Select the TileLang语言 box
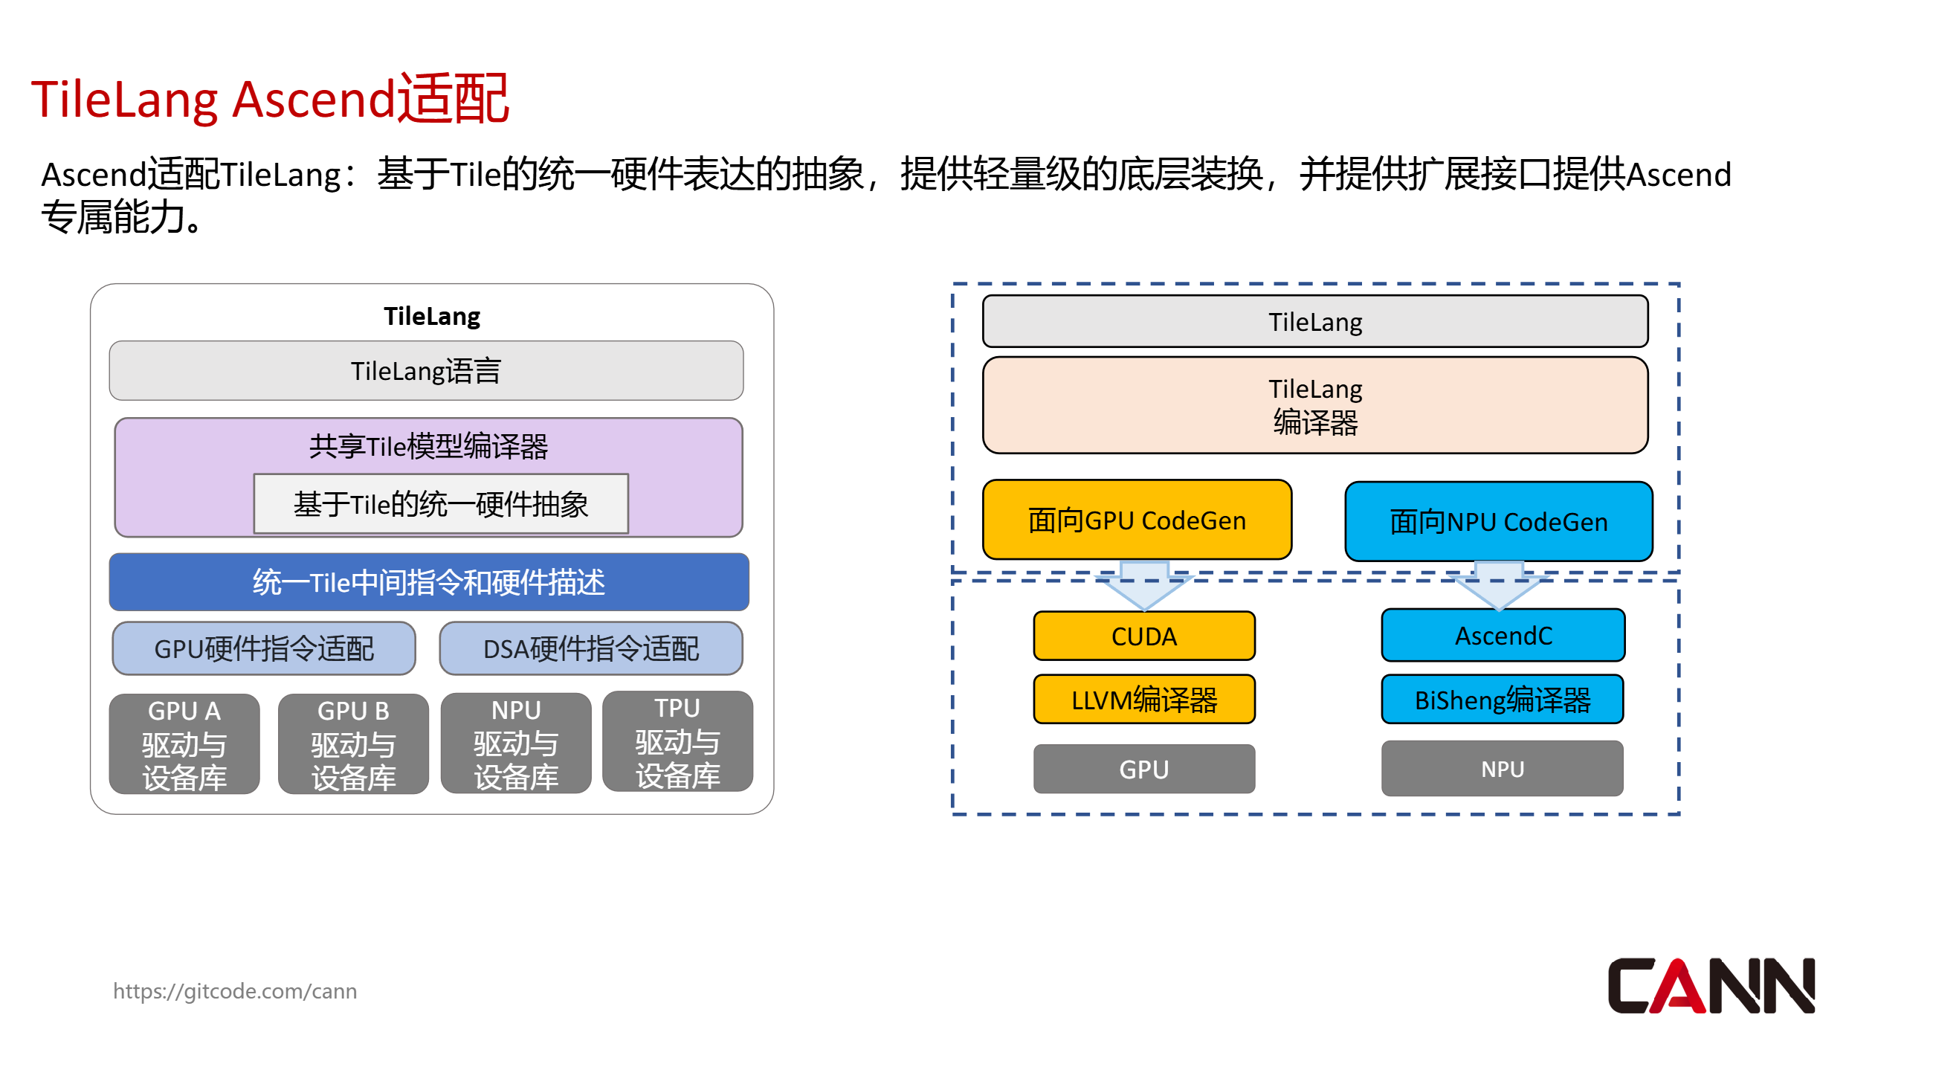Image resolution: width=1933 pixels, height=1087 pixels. (x=426, y=370)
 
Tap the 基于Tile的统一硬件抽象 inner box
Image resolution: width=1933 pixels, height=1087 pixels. (x=440, y=503)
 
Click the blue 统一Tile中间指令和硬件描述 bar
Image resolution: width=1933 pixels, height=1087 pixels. (x=428, y=582)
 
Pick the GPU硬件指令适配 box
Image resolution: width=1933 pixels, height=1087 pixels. (x=263, y=648)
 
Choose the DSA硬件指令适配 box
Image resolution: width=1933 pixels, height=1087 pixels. (x=590, y=648)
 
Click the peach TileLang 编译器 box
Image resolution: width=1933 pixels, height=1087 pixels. (x=1314, y=405)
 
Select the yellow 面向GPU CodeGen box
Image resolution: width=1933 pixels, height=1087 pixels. (x=1136, y=520)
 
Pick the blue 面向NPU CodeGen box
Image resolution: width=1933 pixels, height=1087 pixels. (x=1498, y=521)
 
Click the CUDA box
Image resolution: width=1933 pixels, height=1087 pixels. (x=1143, y=636)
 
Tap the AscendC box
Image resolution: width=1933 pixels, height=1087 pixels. (x=1503, y=635)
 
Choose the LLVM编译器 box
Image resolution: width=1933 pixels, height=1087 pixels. (x=1143, y=699)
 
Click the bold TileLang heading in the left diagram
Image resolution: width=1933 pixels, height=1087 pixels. (x=431, y=316)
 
